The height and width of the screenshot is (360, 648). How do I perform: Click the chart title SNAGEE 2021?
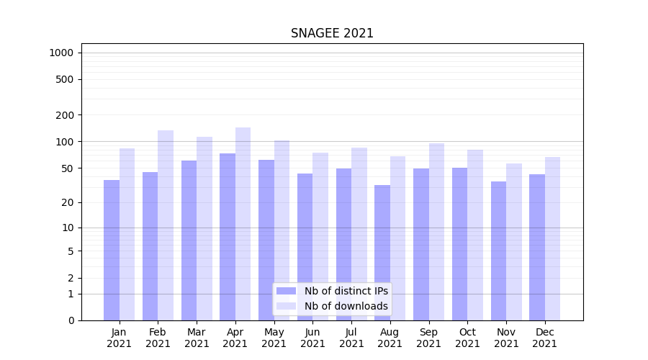tap(332, 34)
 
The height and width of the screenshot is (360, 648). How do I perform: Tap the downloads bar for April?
tap(243, 224)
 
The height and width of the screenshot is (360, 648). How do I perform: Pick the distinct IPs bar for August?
tap(382, 253)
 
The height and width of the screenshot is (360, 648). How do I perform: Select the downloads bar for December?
tap(552, 238)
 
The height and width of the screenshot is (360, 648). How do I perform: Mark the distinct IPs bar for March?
tap(189, 240)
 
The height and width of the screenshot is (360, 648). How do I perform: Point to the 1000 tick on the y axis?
tap(61, 53)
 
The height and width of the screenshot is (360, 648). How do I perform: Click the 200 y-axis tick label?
tap(64, 115)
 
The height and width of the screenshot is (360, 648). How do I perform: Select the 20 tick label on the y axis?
tap(67, 202)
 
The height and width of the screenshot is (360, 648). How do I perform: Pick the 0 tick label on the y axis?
tap(71, 320)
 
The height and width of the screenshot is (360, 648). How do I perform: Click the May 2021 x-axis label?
tap(274, 338)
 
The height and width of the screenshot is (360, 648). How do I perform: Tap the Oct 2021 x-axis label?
tap(467, 338)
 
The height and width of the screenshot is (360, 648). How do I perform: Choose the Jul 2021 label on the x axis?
tap(351, 338)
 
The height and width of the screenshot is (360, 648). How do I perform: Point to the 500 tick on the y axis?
tap(64, 79)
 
